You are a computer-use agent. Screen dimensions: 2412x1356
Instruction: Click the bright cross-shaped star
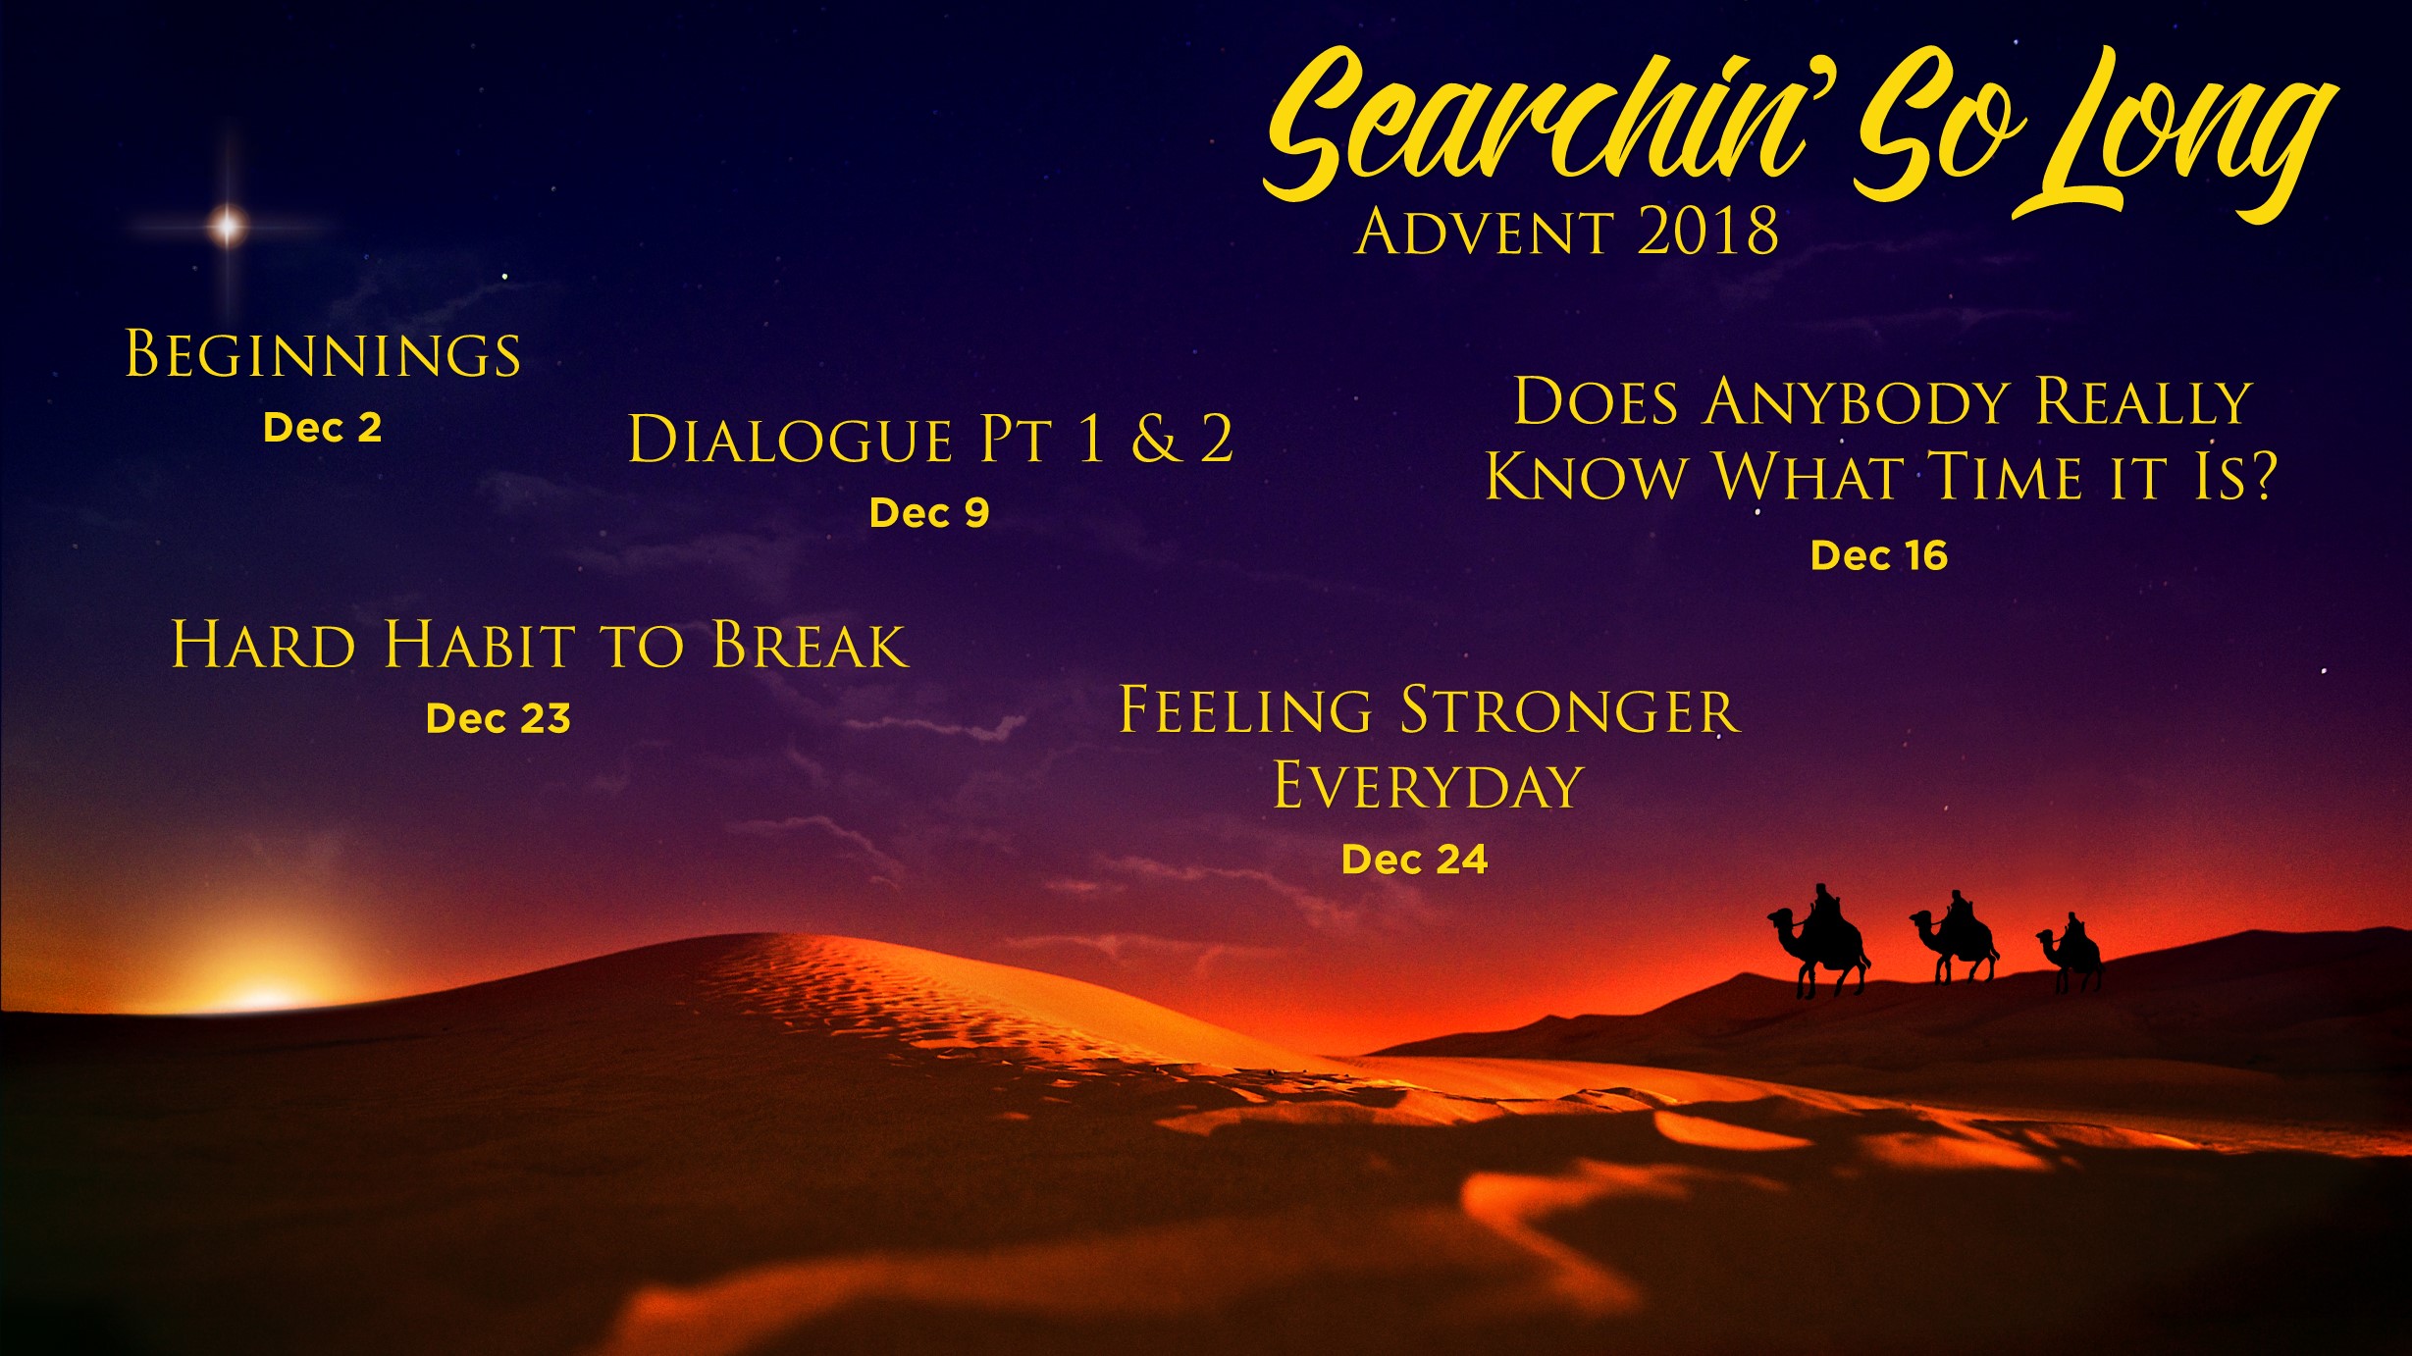[227, 226]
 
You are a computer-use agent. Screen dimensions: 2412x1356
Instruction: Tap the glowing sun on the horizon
[263, 996]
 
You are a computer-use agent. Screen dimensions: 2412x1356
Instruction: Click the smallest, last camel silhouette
[2071, 953]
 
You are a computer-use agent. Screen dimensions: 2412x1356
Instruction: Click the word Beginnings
[323, 354]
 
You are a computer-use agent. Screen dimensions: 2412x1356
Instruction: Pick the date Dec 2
[322, 428]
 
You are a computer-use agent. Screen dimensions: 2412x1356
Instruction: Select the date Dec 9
[929, 512]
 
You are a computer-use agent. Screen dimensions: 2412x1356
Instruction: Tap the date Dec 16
[1878, 555]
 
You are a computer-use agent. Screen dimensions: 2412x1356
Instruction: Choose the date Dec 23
[498, 718]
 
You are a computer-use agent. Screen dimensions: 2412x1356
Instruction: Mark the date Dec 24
[1414, 860]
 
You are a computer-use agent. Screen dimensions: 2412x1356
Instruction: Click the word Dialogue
[790, 439]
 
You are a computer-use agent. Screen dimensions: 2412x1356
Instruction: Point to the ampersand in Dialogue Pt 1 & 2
[1155, 439]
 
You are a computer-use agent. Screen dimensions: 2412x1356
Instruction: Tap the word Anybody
[1857, 402]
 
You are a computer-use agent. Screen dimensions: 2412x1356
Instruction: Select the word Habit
[480, 646]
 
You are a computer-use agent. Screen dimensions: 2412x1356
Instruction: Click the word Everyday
[1429, 786]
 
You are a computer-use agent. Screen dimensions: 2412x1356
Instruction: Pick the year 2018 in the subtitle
[1707, 232]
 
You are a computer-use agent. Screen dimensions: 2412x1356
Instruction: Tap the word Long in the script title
[2174, 132]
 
